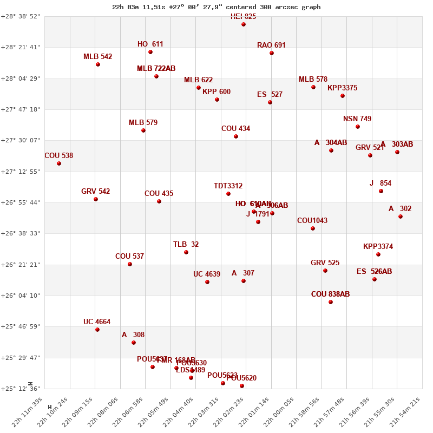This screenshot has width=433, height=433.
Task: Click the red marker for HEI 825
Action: [x=244, y=24]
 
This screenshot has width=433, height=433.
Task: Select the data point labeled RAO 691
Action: [x=272, y=53]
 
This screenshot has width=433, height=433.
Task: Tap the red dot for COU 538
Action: [x=59, y=163]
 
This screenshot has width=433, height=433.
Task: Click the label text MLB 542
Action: [x=97, y=57]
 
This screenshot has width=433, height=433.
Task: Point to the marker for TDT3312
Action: [x=228, y=194]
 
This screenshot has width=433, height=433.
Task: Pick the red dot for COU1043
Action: [x=313, y=228]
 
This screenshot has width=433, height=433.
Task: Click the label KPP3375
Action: [x=342, y=88]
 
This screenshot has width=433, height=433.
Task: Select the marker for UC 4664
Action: [x=97, y=330]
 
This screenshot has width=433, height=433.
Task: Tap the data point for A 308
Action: [x=134, y=343]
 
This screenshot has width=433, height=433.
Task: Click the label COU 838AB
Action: [x=330, y=294]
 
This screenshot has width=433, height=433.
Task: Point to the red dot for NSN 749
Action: [x=358, y=127]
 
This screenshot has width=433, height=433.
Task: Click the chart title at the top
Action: [x=216, y=7]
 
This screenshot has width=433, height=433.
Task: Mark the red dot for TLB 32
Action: [x=186, y=252]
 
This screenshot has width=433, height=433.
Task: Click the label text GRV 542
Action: [x=95, y=192]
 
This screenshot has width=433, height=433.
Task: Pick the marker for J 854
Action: [x=381, y=191]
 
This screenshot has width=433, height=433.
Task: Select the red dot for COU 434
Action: [x=236, y=136]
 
